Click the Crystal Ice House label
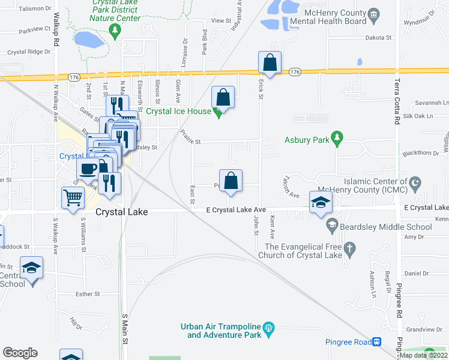tap(178, 111)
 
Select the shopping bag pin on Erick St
tap(270, 62)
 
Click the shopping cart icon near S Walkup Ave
tap(73, 197)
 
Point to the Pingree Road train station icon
tap(376, 342)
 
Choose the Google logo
tap(20, 353)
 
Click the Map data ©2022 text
tap(424, 355)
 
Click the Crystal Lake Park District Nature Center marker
tap(120, 43)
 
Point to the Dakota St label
tap(378, 37)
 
